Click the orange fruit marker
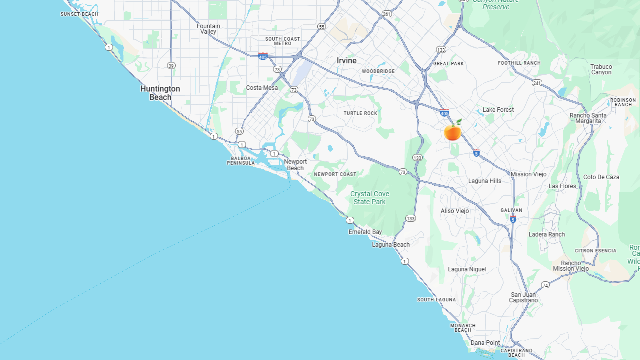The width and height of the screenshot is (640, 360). point(452,132)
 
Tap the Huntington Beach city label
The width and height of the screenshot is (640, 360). point(160,93)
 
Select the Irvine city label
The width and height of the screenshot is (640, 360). point(346,61)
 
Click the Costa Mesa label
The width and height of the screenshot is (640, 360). point(262,88)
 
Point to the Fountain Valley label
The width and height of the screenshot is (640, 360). point(208,29)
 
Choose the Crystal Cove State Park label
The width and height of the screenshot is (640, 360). point(369,198)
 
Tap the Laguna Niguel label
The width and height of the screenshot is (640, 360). point(467,269)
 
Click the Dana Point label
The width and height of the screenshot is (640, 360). point(485,343)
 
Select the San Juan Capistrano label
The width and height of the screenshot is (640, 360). point(523,297)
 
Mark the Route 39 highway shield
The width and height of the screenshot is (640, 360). point(171,66)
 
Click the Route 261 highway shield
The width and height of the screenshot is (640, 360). point(387,14)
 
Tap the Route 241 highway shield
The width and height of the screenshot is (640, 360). point(537,83)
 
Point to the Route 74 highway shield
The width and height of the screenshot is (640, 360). point(545,285)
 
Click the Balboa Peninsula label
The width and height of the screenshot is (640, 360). point(241,161)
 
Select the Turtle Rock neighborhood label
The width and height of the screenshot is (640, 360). point(360,113)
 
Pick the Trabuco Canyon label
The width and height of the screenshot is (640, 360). point(601,69)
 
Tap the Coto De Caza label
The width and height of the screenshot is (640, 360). point(601,177)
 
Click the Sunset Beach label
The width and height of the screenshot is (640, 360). point(79,14)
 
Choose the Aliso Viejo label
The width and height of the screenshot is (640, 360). point(455,211)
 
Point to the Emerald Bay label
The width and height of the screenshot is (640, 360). point(365,232)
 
